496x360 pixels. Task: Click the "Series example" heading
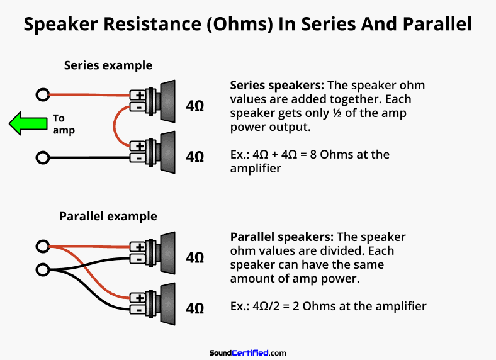(x=108, y=65)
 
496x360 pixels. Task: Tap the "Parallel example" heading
(x=108, y=217)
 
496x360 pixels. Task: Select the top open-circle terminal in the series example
(x=43, y=96)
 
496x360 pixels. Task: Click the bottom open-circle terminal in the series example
(x=43, y=157)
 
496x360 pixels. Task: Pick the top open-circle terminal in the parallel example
(x=43, y=246)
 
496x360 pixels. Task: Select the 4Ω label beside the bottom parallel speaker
(x=194, y=308)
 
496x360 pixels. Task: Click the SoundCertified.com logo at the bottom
(x=247, y=353)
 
